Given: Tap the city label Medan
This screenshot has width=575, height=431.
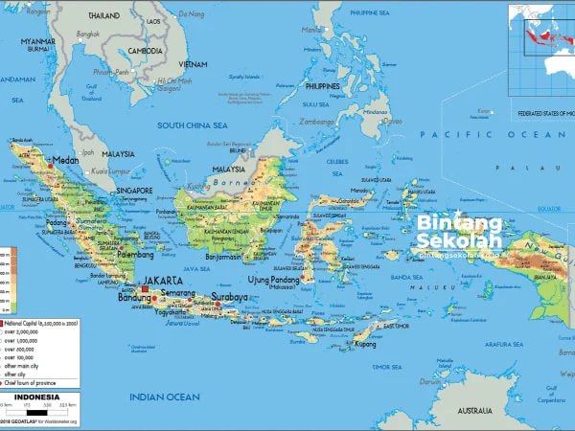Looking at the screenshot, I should pos(67,161).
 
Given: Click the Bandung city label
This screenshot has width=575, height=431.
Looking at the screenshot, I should pos(133,298).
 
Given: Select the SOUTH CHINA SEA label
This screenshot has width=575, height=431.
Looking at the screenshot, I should pos(193,125).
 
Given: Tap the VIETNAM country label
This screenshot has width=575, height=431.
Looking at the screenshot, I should pos(192,63).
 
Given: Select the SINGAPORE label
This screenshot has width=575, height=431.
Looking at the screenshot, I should pos(135,190).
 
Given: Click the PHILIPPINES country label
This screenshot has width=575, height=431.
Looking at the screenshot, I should pos(324,86).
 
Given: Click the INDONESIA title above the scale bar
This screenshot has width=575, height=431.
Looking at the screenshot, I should pos(41,397).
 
